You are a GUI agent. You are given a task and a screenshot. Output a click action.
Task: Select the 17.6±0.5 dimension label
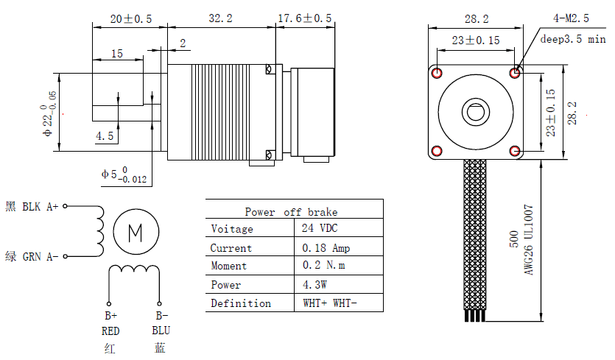[304, 18]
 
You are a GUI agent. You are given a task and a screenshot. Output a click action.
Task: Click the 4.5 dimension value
[105, 136]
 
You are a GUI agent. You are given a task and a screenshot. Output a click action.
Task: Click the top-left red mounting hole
[437, 73]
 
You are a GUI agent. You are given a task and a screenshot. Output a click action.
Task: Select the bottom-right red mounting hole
[515, 152]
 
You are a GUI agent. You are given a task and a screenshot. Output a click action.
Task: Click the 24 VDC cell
[320, 229]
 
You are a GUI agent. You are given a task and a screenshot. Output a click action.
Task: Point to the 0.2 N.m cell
[326, 266]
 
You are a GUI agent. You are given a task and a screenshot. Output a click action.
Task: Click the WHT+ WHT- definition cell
[332, 303]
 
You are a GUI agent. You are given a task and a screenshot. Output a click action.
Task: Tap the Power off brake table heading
[291, 212]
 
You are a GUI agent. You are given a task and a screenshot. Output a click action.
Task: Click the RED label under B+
[110, 331]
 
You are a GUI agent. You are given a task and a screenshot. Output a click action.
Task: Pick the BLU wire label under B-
[161, 331]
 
